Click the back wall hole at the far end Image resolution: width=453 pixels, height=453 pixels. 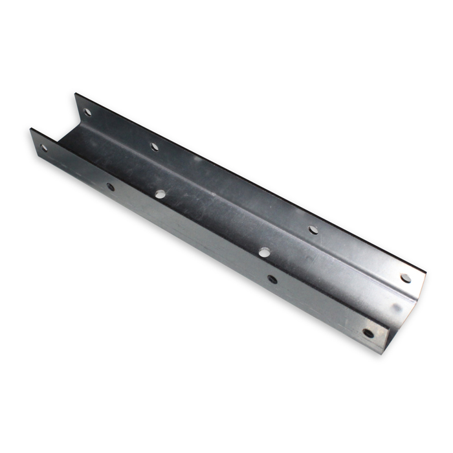[87, 113]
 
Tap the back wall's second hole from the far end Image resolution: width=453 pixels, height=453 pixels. [155, 146]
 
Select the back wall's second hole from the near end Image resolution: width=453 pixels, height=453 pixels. [313, 229]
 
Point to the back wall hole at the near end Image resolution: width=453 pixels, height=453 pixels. [405, 278]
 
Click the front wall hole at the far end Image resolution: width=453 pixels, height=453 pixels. [45, 148]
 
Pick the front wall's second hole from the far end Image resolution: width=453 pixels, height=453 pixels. [111, 187]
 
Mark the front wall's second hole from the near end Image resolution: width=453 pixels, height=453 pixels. [272, 280]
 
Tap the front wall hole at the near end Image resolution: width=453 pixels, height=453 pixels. [368, 334]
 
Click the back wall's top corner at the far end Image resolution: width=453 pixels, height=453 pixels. [76, 94]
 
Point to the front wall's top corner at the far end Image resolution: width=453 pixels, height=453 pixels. [30, 129]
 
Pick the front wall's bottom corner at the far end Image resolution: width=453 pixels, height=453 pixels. [32, 155]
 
